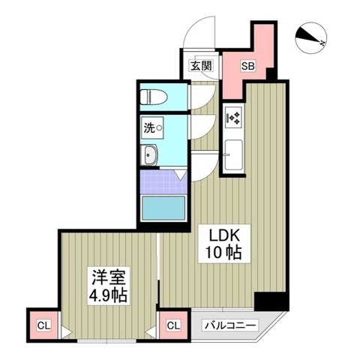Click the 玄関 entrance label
[200, 65]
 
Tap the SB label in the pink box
[247, 65]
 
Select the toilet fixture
[152, 97]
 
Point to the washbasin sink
[149, 156]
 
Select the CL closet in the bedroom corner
[42, 325]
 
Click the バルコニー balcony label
[230, 325]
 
